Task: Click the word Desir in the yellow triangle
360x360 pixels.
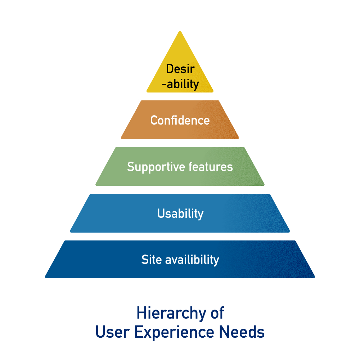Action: click(180, 69)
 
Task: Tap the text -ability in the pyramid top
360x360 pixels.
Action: click(180, 84)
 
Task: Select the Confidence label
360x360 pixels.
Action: click(180, 120)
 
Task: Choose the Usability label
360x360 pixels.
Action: click(180, 214)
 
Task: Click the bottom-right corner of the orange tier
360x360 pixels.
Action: click(238, 138)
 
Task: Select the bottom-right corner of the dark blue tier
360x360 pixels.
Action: click(314, 277)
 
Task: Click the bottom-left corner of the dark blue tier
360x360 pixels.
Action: click(46, 277)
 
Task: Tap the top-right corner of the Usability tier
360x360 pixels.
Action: click(269, 195)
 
